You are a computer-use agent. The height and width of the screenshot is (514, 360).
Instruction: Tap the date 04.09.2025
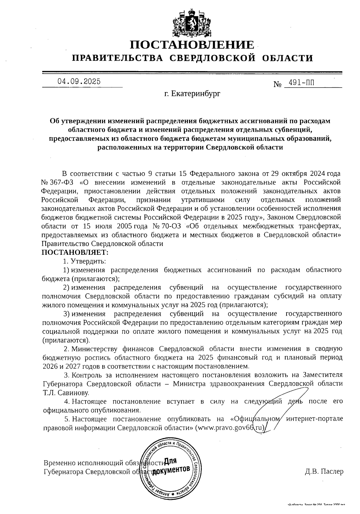click(79, 81)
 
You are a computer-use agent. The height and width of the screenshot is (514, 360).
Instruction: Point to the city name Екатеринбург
click(196, 94)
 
